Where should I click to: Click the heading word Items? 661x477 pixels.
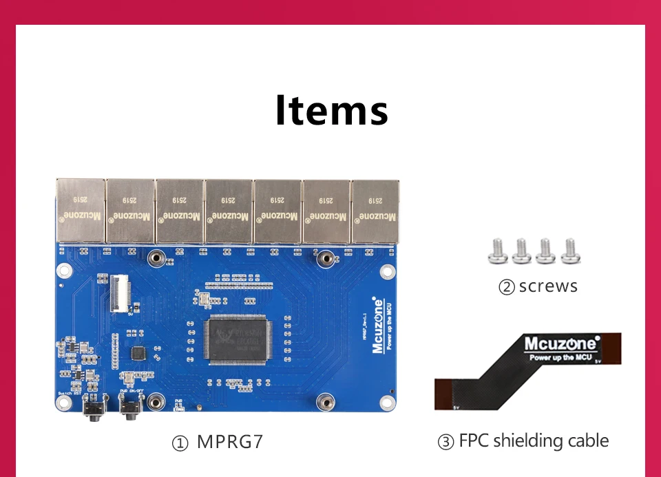pyautogui.click(x=331, y=110)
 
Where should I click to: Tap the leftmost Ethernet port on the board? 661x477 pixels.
pyautogui.click(x=80, y=209)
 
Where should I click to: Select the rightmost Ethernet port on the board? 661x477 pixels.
pyautogui.click(x=375, y=209)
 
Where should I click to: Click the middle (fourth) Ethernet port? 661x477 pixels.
pyautogui.click(x=228, y=209)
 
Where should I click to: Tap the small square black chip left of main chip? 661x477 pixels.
pyautogui.click(x=138, y=353)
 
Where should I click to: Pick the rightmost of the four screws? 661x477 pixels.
pyautogui.click(x=570, y=251)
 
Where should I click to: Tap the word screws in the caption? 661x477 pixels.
pyautogui.click(x=548, y=286)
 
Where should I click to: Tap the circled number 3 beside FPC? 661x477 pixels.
pyautogui.click(x=445, y=442)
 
